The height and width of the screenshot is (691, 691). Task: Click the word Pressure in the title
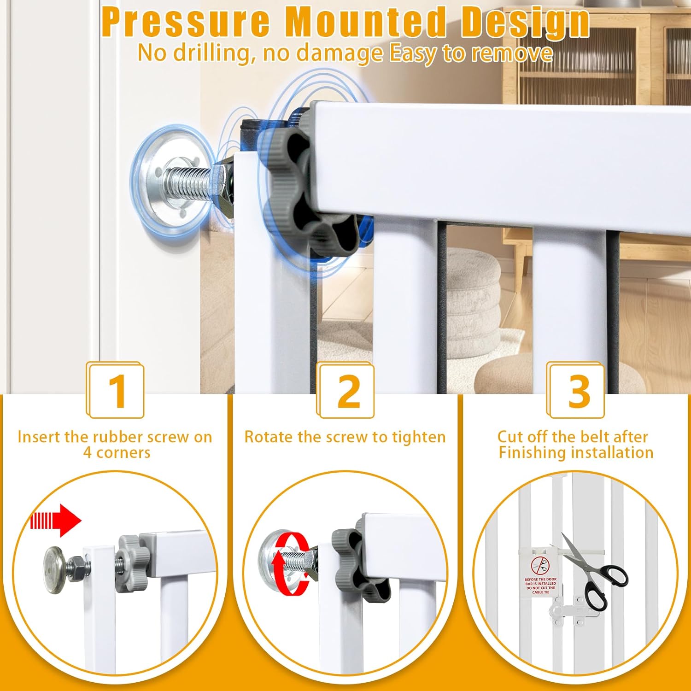185,22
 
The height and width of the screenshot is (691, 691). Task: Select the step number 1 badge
116,391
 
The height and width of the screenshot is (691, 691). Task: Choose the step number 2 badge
346,391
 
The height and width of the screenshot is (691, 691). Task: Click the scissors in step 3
594,571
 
